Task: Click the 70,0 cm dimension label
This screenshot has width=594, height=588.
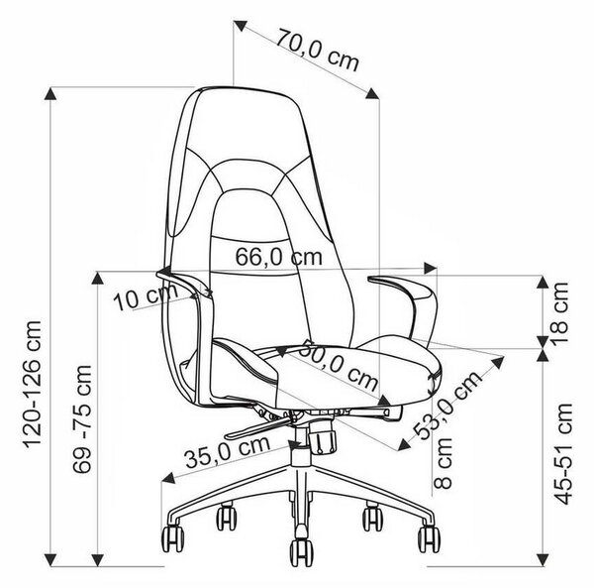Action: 317,50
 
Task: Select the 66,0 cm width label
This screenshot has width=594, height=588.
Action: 279,257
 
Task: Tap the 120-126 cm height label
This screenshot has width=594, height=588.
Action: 33,385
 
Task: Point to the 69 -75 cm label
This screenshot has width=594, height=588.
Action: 82,418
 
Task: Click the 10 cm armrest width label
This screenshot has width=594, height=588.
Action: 146,296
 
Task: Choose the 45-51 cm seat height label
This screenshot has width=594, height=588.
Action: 562,454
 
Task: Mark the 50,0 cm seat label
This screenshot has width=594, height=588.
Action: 339,365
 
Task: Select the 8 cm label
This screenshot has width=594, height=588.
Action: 443,463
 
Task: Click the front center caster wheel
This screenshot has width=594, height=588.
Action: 301,552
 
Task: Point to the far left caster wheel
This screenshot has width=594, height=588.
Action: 172,537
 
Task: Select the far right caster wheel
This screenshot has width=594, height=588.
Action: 430,538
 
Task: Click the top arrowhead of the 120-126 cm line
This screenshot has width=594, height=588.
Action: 50,93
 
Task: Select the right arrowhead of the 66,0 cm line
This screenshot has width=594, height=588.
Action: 431,268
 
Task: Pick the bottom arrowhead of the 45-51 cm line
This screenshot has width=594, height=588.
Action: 543,559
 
